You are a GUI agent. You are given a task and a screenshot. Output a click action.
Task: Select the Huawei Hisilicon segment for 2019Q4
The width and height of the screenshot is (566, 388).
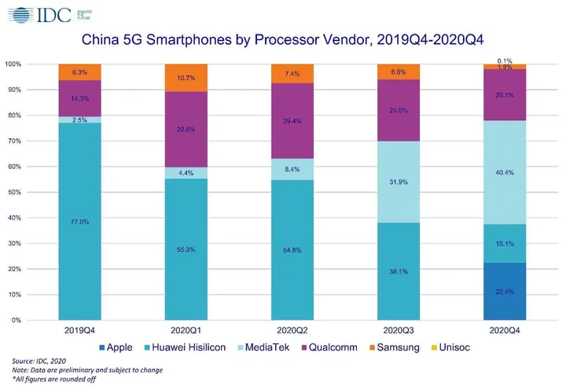[79, 221]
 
